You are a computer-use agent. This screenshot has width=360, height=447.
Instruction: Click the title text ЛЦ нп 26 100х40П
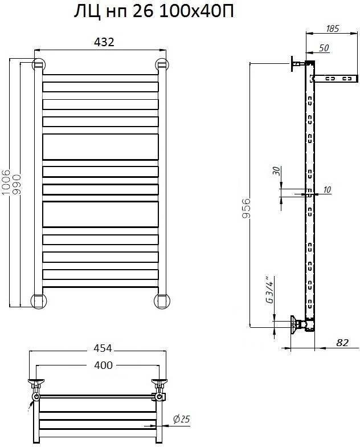(154, 12)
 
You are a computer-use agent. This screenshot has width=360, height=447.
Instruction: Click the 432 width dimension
(104, 42)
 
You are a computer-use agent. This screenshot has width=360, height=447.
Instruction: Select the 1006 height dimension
(6, 182)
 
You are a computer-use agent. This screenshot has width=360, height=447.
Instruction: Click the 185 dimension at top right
(333, 29)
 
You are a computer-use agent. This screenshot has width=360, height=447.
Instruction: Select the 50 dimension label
(324, 48)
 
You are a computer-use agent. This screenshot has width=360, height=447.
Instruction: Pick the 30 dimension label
(277, 171)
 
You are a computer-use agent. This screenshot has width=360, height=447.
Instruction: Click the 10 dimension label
(327, 189)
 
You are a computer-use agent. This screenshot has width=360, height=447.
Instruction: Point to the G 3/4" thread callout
(269, 290)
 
